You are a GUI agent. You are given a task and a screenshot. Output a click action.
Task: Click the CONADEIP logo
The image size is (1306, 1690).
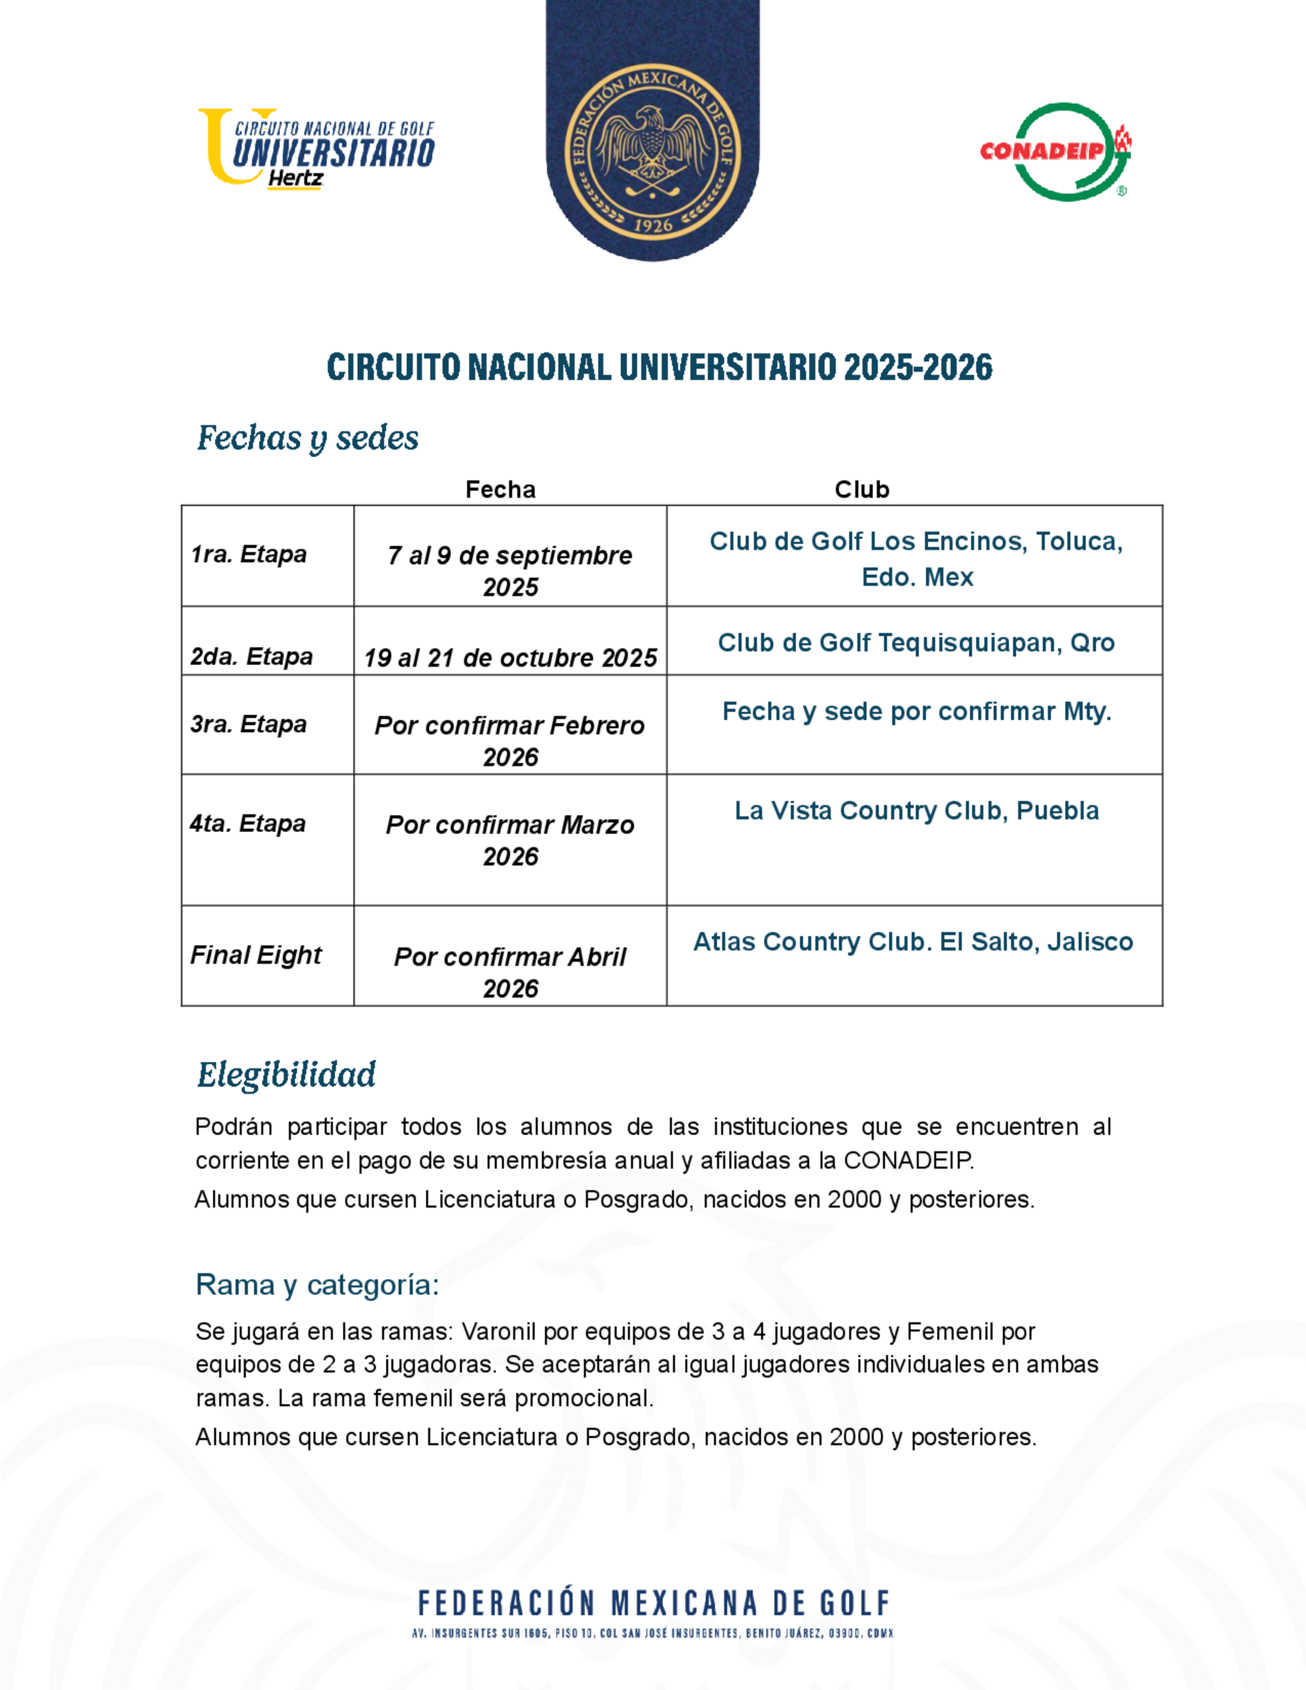pyautogui.click(x=1056, y=151)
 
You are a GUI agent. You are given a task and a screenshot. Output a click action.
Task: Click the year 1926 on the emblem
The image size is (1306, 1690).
pyautogui.click(x=653, y=225)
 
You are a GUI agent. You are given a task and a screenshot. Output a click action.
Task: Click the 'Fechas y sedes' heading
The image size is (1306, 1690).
pyautogui.click(x=308, y=438)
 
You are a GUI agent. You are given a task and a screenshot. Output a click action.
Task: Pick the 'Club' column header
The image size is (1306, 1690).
pyautogui.click(x=862, y=489)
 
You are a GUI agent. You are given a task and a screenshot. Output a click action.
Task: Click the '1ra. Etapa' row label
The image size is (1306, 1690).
pyautogui.click(x=248, y=554)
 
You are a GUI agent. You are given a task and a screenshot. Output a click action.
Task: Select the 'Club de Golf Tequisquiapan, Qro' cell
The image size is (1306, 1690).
pyautogui.click(x=916, y=643)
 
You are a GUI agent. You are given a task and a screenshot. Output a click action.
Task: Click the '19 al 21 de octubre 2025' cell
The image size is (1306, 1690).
pyautogui.click(x=510, y=658)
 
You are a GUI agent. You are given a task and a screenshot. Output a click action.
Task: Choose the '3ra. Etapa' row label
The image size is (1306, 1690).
pyautogui.click(x=248, y=724)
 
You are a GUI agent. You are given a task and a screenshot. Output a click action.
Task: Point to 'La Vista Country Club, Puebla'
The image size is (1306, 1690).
pyautogui.click(x=916, y=810)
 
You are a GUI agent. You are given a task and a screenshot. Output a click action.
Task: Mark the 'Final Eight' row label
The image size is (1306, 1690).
pyautogui.click(x=255, y=954)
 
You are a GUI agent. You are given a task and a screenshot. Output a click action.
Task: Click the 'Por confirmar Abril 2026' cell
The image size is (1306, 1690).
pyautogui.click(x=510, y=972)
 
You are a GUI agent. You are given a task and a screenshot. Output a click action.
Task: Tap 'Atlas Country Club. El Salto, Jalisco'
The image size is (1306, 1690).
pyautogui.click(x=913, y=942)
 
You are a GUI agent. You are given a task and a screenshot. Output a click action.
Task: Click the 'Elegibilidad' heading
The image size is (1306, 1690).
pyautogui.click(x=286, y=1075)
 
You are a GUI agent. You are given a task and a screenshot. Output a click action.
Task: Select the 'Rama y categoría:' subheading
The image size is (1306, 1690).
pyautogui.click(x=317, y=1284)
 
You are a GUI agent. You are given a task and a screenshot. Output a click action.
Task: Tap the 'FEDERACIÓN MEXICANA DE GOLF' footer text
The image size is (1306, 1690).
pyautogui.click(x=653, y=1603)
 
